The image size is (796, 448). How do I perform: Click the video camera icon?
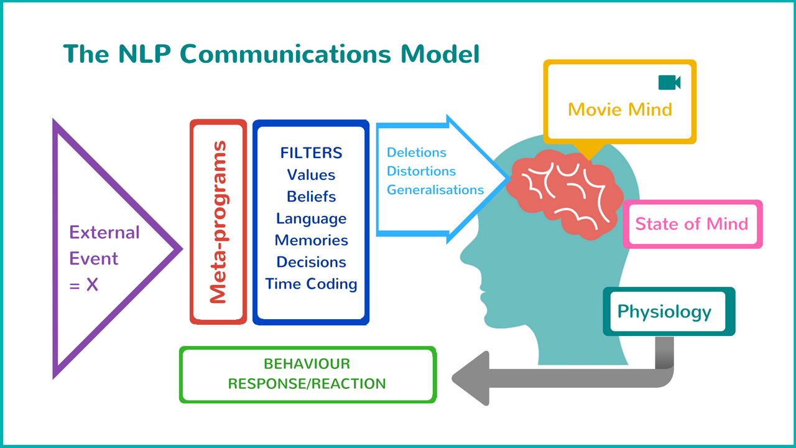pos(669,83)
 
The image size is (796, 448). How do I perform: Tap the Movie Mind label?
pos(620,110)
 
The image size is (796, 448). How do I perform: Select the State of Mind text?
pos(692,224)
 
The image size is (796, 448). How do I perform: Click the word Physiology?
pos(664,312)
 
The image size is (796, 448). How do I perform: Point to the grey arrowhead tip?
pos(452,378)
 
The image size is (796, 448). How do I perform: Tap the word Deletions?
pos(416,152)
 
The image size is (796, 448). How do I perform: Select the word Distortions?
pos(421,171)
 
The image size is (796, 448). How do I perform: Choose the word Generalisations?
pos(435,190)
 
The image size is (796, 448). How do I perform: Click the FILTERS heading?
pos(312,153)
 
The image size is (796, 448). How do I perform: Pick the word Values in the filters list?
pos(312,175)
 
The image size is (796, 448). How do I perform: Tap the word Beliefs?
pos(312,197)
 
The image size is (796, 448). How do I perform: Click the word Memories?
pos(312,240)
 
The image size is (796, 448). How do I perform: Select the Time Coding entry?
pos(312,284)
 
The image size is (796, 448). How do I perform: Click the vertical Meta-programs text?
pos(218,222)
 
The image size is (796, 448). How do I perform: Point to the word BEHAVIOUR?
pos(307,364)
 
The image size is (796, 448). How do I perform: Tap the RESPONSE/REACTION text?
pos(307,384)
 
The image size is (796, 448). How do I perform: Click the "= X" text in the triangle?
pos(83,285)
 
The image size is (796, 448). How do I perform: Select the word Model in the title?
pos(440,54)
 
